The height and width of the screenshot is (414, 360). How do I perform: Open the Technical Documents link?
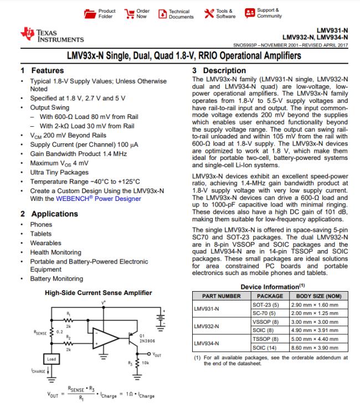pos(163,13)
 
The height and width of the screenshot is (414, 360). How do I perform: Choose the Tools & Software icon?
pos(209,13)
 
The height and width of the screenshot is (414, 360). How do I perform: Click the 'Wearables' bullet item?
pos(47,242)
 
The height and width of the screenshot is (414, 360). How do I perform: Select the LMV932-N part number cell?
pos(206,327)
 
